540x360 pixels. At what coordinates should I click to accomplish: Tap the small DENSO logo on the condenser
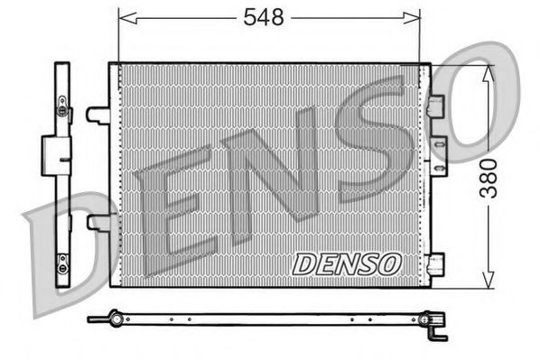pyautogui.click(x=345, y=263)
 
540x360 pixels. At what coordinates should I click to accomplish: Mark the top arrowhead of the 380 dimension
pyautogui.click(x=489, y=72)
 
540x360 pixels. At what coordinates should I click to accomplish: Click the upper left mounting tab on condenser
pyautogui.click(x=98, y=115)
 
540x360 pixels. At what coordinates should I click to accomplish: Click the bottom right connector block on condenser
pyautogui.click(x=437, y=263)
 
